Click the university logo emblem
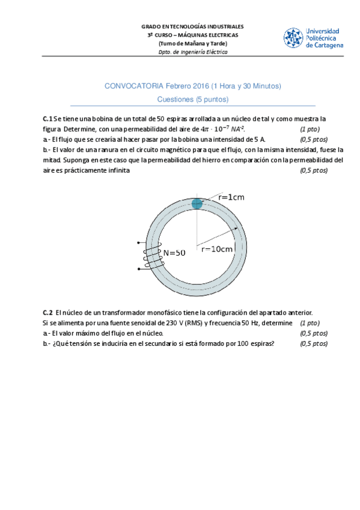tap(293, 37)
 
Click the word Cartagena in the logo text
tap(325, 45)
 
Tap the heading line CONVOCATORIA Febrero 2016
tap(192, 87)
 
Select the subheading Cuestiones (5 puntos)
tap(192, 99)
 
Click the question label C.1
tap(47, 119)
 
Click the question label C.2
tap(47, 313)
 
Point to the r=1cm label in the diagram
tap(231, 197)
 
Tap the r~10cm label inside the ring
tap(217, 249)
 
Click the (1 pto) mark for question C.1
tap(310, 129)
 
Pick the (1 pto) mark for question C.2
tap(310, 323)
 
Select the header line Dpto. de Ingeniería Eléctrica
tap(192, 52)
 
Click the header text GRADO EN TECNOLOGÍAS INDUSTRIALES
tap(192, 27)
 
